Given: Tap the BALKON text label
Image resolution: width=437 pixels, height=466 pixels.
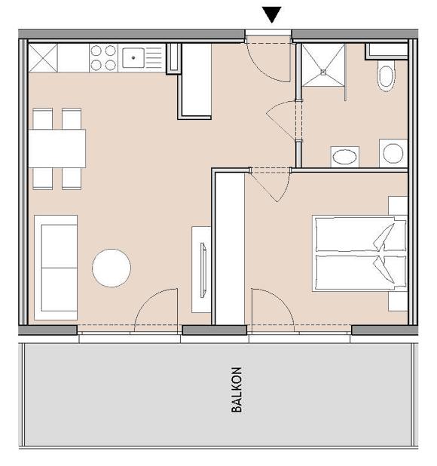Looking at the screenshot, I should [237, 390].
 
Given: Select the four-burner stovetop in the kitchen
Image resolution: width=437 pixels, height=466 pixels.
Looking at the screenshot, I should [104, 57].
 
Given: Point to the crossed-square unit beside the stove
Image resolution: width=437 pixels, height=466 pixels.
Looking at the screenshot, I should [43, 57].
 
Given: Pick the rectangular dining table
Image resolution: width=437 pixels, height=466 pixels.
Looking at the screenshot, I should [57, 149].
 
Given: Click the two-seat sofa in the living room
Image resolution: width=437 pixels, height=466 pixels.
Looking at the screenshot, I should [56, 266].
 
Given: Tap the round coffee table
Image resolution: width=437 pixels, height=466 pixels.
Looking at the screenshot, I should [112, 268].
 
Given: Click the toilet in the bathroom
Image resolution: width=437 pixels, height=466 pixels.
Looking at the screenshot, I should [386, 76].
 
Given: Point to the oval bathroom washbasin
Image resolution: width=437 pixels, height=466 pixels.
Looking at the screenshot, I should [345, 157].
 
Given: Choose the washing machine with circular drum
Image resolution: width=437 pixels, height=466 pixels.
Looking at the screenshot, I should [393, 153].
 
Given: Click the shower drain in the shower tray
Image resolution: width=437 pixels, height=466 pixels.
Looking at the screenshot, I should [325, 73].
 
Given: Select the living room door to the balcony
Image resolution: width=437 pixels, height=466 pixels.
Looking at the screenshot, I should [157, 309].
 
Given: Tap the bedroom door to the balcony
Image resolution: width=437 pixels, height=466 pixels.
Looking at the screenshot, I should [273, 309].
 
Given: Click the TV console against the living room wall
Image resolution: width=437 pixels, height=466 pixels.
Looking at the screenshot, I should [202, 268].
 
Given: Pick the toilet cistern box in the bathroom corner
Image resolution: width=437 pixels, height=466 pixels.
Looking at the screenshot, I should [386, 51].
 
